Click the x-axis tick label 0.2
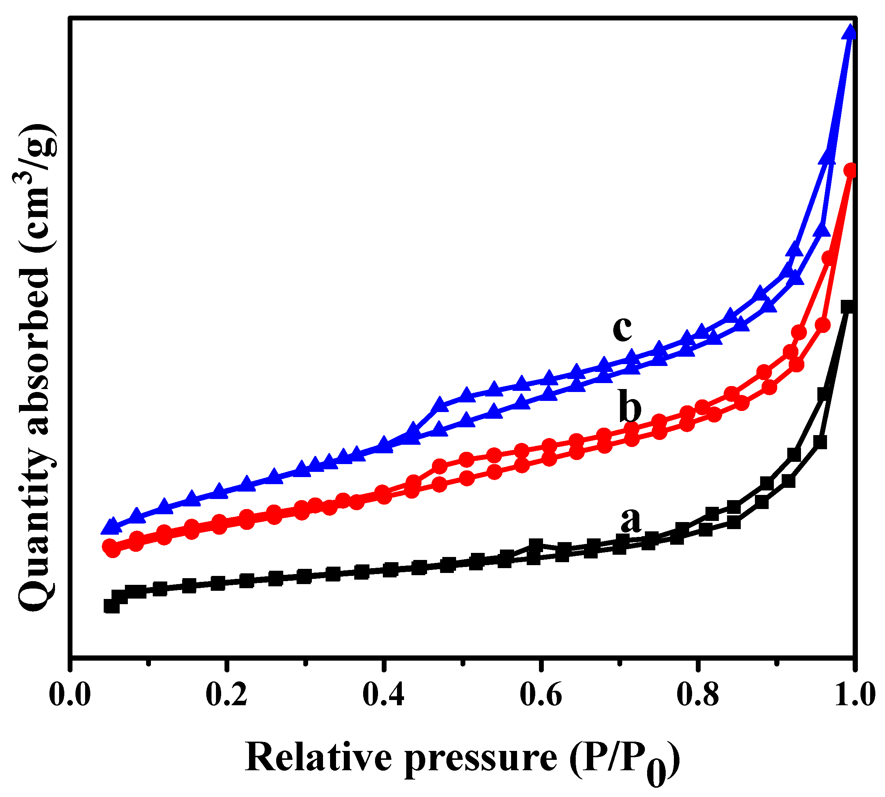pyautogui.click(x=226, y=695)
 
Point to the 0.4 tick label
pyautogui.click(x=383, y=695)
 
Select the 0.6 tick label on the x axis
pyautogui.click(x=541, y=695)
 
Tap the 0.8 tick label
pyautogui.click(x=698, y=695)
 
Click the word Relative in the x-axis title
pyautogui.click(x=318, y=758)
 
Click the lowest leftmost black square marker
pyautogui.click(x=112, y=606)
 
